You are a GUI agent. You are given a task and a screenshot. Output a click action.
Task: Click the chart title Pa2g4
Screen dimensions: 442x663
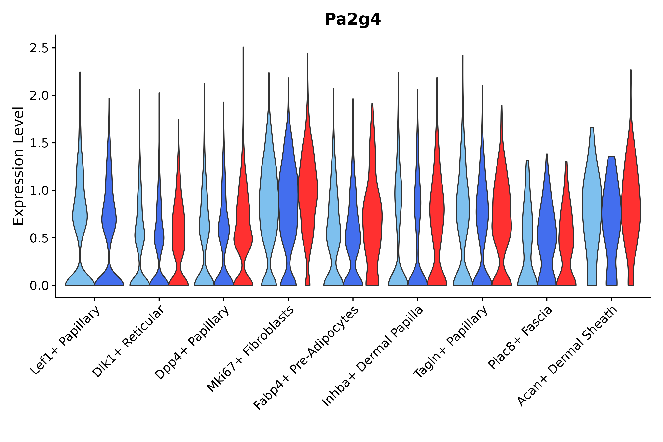pyautogui.click(x=352, y=19)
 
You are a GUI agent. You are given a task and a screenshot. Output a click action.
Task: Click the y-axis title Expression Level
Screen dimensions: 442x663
pyautogui.click(x=18, y=166)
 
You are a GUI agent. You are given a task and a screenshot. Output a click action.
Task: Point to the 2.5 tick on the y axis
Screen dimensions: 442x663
pyautogui.click(x=42, y=48)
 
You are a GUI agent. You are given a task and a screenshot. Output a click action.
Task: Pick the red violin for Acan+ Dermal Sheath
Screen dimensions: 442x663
pyautogui.click(x=631, y=211)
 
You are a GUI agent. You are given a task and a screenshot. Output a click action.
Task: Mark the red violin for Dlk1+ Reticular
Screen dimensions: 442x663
pyautogui.click(x=179, y=225)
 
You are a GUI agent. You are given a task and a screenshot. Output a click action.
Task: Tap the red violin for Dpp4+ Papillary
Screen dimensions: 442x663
pyautogui.click(x=243, y=240)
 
